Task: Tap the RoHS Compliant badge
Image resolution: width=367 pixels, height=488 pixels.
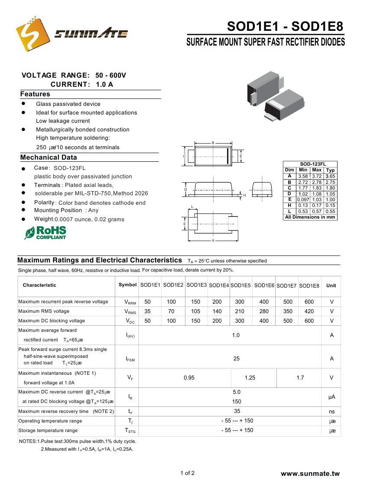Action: click(x=45, y=233)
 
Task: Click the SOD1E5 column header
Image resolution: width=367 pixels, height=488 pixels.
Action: click(x=240, y=285)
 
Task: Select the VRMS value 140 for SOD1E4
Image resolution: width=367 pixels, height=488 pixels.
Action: click(x=217, y=311)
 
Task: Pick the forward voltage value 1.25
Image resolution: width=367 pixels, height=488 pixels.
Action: click(x=250, y=378)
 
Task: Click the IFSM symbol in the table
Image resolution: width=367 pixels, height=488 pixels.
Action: click(x=130, y=359)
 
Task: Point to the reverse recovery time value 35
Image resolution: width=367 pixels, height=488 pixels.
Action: click(x=237, y=411)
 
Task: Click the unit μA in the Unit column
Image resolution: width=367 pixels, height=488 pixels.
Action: click(x=331, y=397)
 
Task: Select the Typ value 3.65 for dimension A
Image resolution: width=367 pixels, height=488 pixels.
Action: click(x=331, y=177)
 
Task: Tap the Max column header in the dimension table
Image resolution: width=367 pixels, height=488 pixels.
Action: click(x=317, y=170)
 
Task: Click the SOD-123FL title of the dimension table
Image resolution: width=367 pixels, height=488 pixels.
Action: click(x=310, y=164)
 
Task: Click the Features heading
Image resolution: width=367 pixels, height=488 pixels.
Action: click(x=35, y=94)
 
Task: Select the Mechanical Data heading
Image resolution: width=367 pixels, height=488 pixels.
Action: click(x=49, y=157)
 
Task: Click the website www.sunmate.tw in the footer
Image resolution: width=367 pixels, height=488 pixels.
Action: click(x=310, y=474)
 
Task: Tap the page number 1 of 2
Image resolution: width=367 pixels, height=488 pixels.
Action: click(x=187, y=473)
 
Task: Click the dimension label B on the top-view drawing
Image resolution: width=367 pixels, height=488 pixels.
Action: click(x=213, y=143)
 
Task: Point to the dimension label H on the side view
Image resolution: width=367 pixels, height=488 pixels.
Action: click(x=244, y=196)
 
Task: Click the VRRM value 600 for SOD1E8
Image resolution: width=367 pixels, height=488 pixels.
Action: click(x=309, y=302)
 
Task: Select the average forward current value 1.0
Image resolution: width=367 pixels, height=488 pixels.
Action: click(x=236, y=335)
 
